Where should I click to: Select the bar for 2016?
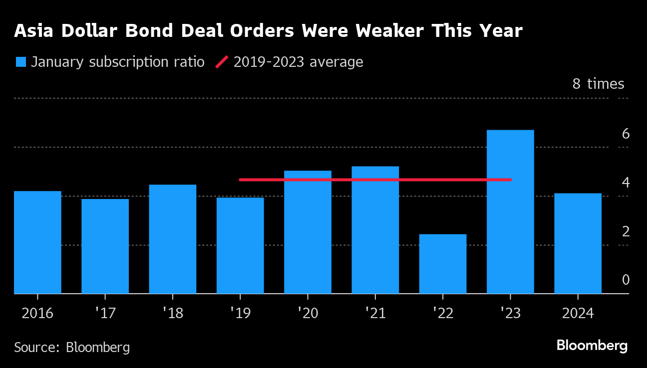[37, 242]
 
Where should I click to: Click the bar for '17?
[105, 246]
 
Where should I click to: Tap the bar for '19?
[240, 245]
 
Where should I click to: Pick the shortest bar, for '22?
[443, 264]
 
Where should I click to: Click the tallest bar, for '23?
[510, 212]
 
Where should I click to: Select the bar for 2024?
[578, 243]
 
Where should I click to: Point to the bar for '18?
[173, 239]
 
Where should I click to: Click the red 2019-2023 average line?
[374, 180]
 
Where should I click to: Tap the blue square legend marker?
[21, 62]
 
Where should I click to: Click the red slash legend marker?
[222, 62]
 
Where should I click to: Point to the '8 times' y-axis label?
[598, 84]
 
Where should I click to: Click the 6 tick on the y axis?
[626, 134]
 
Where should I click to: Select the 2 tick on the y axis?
[626, 231]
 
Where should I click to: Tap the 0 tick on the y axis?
[626, 280]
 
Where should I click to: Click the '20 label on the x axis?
[308, 313]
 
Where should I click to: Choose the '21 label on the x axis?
[375, 313]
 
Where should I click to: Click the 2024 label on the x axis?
[578, 313]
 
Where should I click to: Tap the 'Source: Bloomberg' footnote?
[72, 347]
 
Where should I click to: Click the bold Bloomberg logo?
[592, 345]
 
